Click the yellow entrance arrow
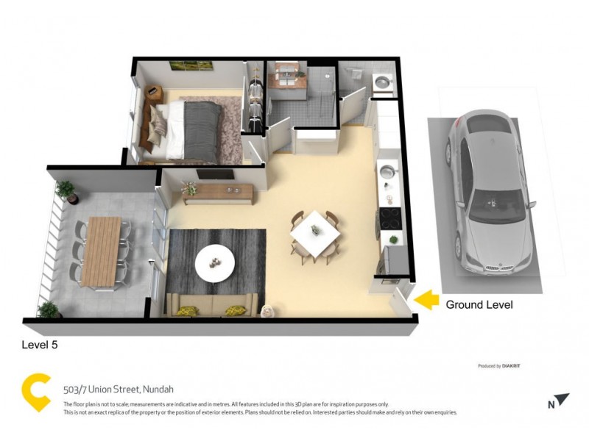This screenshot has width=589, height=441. tap(426, 300)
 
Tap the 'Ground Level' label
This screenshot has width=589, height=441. tap(479, 304)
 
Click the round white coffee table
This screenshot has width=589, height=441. tap(215, 262)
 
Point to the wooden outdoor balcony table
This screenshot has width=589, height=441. tap(100, 251)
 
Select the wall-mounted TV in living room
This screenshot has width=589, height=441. tap(215, 175)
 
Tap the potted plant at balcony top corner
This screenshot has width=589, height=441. tap(68, 190)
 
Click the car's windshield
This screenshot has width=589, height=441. tap(492, 205)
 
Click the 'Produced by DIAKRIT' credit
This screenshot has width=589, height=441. tap(500, 365)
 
